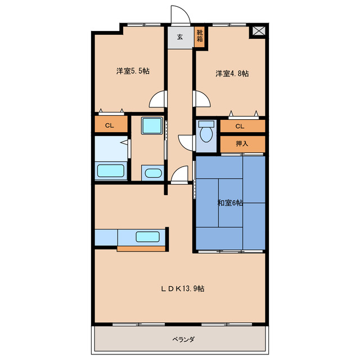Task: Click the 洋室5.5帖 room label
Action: tap(133, 71)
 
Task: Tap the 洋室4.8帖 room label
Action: tap(232, 74)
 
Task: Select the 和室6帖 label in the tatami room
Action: tap(230, 203)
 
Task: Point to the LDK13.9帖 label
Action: tap(182, 289)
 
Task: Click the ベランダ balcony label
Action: tap(183, 339)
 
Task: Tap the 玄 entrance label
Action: tap(180, 37)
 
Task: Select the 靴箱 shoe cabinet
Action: tap(200, 37)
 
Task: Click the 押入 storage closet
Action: tap(242, 144)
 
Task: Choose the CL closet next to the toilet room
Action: tap(242, 126)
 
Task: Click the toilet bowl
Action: tap(206, 133)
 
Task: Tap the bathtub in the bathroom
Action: tap(111, 171)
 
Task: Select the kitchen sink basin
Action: tap(147, 237)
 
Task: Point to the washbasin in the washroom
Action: tap(153, 173)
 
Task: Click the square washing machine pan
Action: tap(152, 125)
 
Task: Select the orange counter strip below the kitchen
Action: tap(141, 249)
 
